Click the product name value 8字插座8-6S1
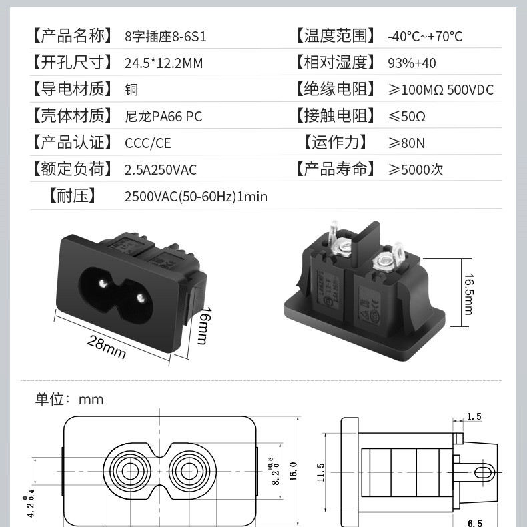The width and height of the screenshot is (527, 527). coord(165,36)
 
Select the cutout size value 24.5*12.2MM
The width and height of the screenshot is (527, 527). coord(163,63)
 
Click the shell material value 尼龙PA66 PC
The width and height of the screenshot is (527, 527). coord(163,117)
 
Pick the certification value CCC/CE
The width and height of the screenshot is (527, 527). coord(148,143)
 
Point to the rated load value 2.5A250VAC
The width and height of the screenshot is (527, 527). coord(161,170)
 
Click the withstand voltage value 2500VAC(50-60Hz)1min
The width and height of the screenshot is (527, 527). coord(195,197)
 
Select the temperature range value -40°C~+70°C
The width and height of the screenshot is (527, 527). coord(425,36)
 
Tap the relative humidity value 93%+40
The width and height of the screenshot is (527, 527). coord(412,63)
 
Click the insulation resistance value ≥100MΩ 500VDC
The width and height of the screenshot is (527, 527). coord(441,89)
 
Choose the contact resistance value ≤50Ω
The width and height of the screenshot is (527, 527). coord(407,117)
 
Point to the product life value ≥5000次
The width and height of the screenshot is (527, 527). coord(416,169)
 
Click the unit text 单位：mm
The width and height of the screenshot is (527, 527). coord(69,400)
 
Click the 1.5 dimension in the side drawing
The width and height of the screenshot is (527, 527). coord(474,417)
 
